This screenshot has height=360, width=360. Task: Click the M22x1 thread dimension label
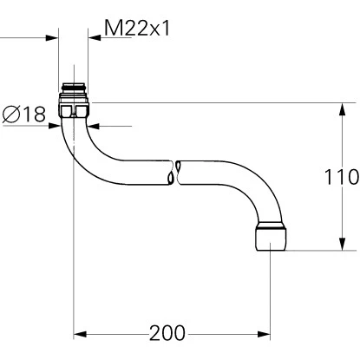(136, 29)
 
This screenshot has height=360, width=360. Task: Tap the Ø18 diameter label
(24, 115)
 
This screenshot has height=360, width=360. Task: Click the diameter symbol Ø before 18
(11, 115)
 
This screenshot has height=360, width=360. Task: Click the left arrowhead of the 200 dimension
(79, 334)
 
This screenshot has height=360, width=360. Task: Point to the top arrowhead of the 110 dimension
(337, 108)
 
